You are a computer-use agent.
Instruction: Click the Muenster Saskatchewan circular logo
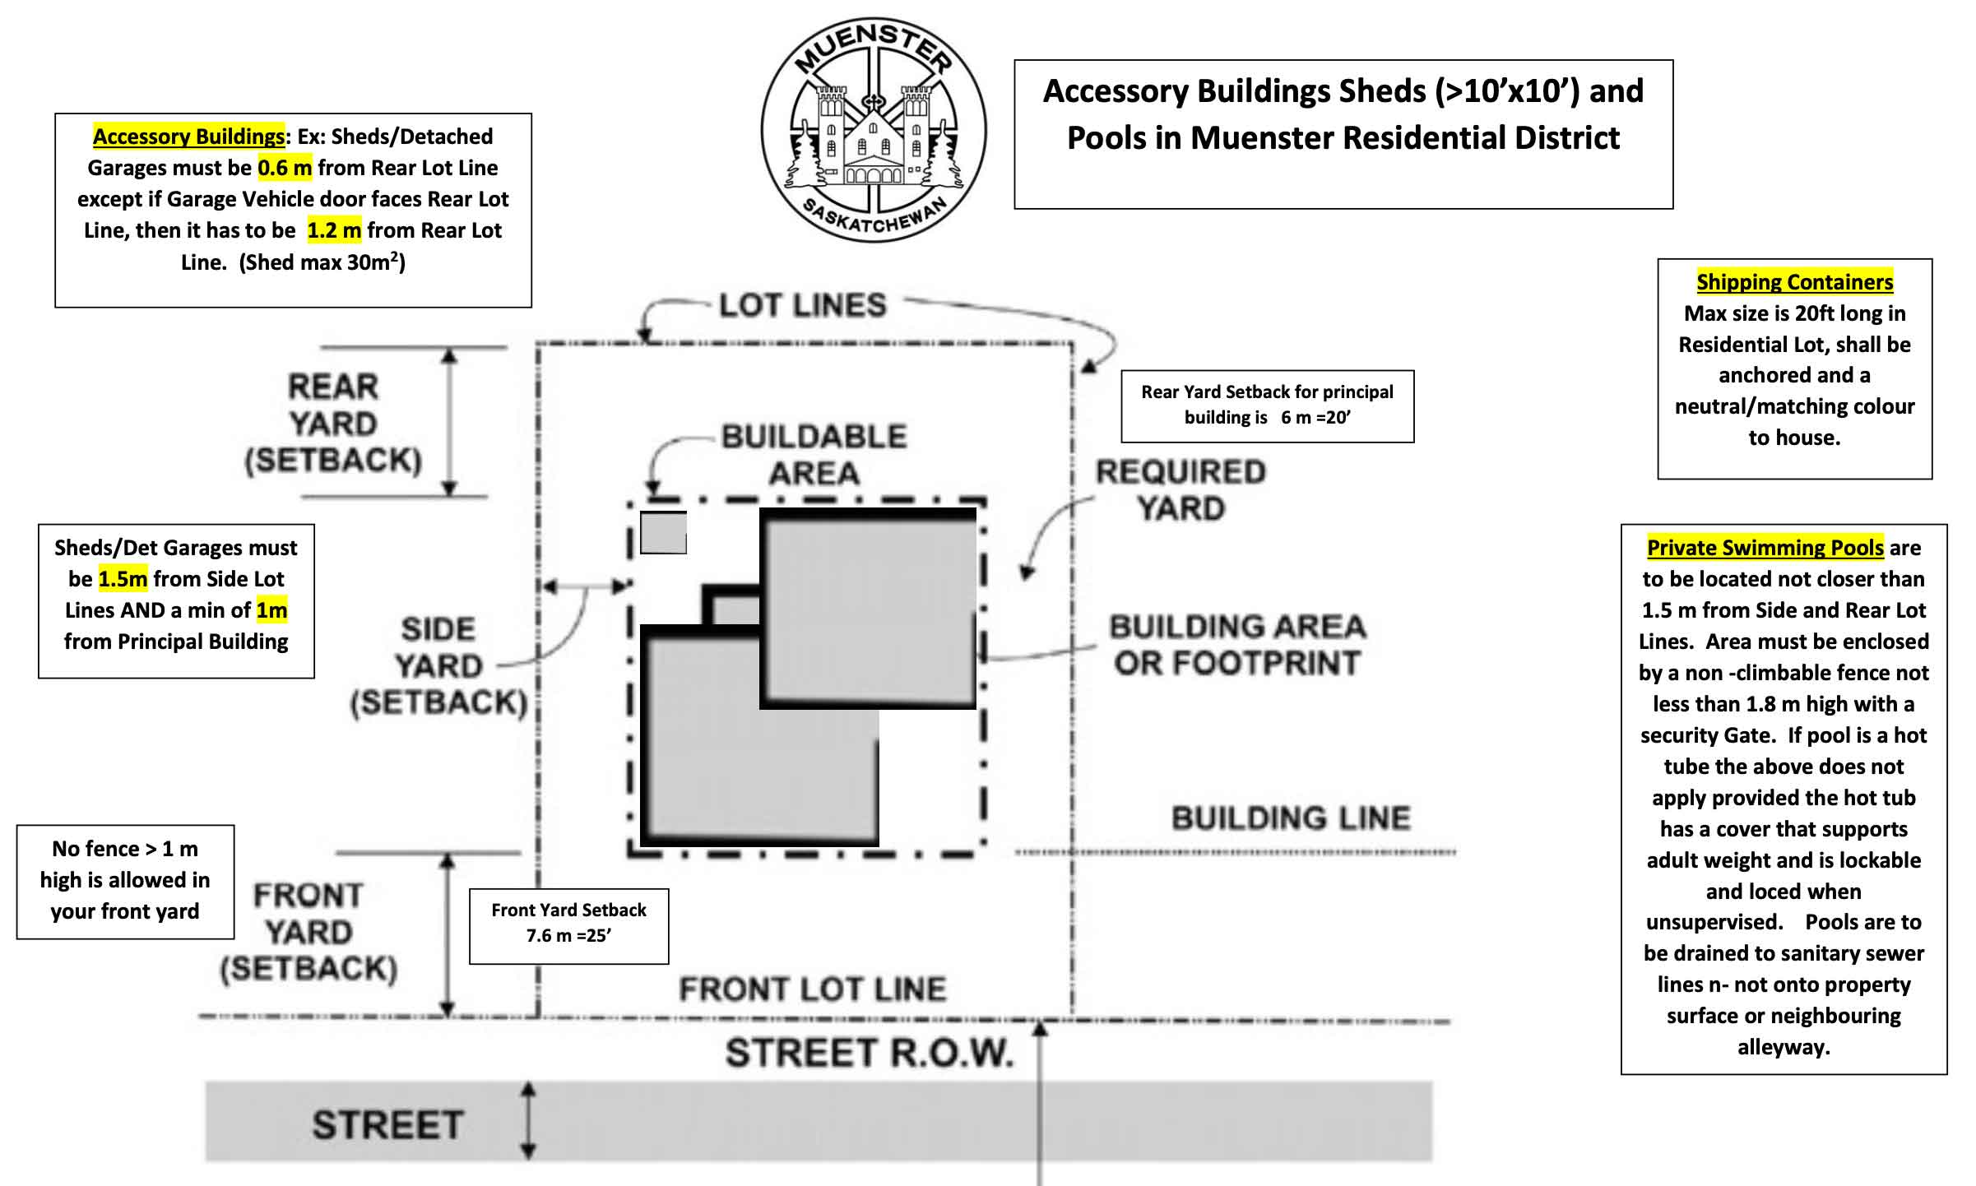pos(873,130)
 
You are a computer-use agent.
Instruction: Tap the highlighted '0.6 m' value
pos(285,168)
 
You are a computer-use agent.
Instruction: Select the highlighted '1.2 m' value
pos(334,230)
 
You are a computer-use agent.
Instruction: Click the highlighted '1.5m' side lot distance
pos(123,579)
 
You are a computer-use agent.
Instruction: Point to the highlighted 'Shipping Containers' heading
pos(1794,282)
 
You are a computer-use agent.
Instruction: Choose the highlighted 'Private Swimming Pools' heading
pos(1765,548)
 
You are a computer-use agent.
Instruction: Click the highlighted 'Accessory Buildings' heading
pos(188,137)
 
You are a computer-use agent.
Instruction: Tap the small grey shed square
pos(663,532)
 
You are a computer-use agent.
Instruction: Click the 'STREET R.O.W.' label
pos(869,1053)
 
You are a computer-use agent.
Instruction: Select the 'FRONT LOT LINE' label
pos(813,989)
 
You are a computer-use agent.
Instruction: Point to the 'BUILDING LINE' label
pos(1291,818)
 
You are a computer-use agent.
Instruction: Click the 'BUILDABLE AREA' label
pos(814,455)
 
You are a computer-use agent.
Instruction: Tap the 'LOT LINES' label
pos(803,306)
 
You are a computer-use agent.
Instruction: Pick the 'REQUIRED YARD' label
pos(1180,490)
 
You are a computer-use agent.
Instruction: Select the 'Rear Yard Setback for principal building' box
pos(1267,405)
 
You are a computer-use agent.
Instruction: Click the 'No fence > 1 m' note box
pos(125,880)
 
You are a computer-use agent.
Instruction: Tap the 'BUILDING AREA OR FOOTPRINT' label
pos(1237,645)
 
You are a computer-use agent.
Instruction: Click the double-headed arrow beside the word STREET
pos(529,1120)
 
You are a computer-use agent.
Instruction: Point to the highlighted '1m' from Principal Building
pos(271,610)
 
